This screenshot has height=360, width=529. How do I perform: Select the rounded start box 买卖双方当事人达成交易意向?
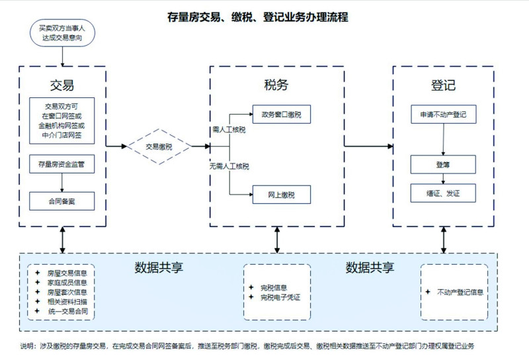pyautogui.click(x=63, y=34)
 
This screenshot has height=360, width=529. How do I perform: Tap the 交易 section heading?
pyautogui.click(x=62, y=85)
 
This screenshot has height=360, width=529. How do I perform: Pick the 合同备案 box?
pyautogui.click(x=62, y=200)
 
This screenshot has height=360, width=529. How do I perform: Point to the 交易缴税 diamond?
pyautogui.click(x=159, y=147)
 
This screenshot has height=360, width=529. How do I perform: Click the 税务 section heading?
pyautogui.click(x=276, y=85)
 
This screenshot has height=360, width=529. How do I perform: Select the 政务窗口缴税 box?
pyautogui.click(x=281, y=114)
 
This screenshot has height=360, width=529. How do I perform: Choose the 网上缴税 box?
pyautogui.click(x=281, y=195)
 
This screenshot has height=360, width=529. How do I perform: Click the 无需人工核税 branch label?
pyautogui.click(x=229, y=166)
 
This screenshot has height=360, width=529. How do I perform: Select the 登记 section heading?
pyautogui.click(x=443, y=85)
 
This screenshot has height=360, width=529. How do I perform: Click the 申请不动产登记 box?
pyautogui.click(x=443, y=114)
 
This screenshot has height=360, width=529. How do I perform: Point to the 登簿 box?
pyautogui.click(x=443, y=163)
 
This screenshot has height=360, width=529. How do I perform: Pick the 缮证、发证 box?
pyautogui.click(x=443, y=194)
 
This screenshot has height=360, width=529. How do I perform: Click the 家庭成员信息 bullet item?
pyautogui.click(x=67, y=283)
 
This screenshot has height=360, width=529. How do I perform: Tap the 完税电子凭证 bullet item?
pyautogui.click(x=280, y=298)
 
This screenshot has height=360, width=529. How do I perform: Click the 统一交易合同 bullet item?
pyautogui.click(x=67, y=311)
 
